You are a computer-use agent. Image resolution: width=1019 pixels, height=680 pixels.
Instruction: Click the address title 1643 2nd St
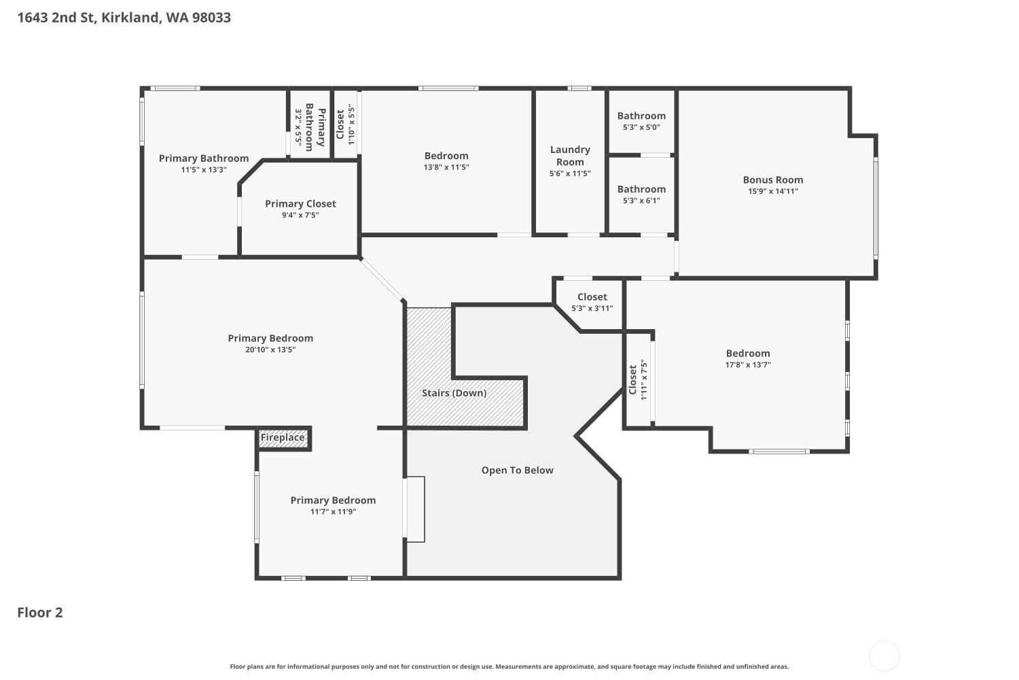tap(124, 18)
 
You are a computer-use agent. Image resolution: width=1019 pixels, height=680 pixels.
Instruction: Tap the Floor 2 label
tap(40, 613)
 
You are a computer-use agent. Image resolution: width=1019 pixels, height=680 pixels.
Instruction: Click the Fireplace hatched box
tap(283, 438)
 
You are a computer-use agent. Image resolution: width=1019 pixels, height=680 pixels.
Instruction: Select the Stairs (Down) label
tap(454, 393)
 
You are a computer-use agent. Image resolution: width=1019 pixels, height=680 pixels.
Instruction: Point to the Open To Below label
tap(517, 471)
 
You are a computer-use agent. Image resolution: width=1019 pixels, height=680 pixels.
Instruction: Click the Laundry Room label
tap(570, 156)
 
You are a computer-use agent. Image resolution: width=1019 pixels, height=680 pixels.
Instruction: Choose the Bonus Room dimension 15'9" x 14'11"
tap(773, 192)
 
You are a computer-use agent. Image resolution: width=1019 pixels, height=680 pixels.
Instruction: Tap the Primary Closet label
tap(300, 204)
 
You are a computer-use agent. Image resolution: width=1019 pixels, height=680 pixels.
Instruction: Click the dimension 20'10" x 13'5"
tap(270, 350)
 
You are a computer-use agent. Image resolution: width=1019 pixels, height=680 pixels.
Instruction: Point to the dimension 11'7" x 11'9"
tap(333, 512)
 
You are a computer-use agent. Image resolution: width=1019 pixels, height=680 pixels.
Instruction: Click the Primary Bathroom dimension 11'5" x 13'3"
tap(204, 170)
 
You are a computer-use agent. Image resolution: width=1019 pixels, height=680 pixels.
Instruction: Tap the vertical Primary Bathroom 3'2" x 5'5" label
tap(310, 127)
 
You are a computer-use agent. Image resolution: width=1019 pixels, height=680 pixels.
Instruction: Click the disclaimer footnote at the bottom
tap(509, 667)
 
